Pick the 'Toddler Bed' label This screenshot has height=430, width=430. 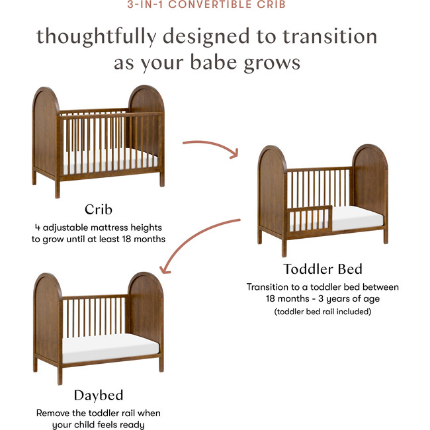322,269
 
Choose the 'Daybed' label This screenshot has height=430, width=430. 98,396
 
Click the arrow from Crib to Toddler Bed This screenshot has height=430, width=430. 210,146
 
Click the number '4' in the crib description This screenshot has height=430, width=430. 38,227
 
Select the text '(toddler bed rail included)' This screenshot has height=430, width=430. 322,311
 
